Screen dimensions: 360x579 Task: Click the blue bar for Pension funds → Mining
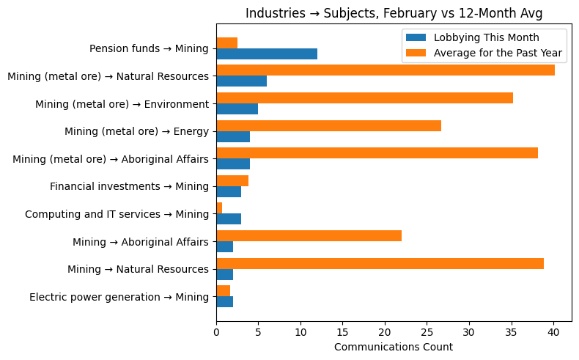coord(267,54)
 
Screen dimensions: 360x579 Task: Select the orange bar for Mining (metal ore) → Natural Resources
coord(386,70)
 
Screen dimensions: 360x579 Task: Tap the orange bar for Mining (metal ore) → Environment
coord(364,98)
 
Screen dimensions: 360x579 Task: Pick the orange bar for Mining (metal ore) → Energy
coord(328,125)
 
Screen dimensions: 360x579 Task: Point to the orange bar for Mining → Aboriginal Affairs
coord(309,236)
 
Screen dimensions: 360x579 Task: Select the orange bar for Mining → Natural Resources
coord(380,263)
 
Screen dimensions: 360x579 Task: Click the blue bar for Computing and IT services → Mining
coord(229,219)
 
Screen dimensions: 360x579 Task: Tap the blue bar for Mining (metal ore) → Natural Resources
coord(241,81)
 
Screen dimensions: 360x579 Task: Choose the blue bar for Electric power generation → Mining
coord(224,302)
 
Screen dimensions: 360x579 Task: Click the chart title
coord(394,13)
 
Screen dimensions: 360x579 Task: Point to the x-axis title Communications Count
coord(394,347)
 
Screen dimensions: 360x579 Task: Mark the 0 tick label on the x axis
coord(216,333)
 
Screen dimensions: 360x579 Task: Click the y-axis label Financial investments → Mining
coord(129,186)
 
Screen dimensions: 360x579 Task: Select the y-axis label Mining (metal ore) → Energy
coord(136,131)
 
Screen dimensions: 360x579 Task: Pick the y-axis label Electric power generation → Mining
coord(119,297)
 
